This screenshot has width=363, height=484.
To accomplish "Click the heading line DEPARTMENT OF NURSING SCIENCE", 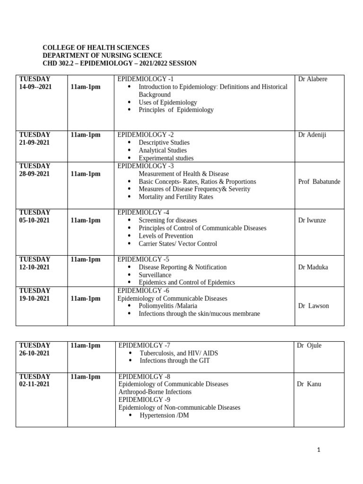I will coord(102,55).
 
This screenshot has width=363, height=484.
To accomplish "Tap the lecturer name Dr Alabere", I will coord(312,79).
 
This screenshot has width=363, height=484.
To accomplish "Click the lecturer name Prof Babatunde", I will coord(319,181).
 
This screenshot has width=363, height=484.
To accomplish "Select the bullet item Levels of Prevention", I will coord(165,236).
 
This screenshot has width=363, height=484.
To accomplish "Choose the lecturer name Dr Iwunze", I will coord(312,220).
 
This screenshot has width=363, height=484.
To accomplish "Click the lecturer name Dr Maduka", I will coord(313,267).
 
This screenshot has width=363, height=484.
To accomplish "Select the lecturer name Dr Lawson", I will coord(313,306).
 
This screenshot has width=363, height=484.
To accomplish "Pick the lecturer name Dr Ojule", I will coord(309,346).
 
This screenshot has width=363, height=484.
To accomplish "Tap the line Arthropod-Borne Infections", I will coord(155,392).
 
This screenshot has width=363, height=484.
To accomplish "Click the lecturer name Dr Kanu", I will coord(309,384).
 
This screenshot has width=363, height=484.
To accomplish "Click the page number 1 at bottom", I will coord(319,450).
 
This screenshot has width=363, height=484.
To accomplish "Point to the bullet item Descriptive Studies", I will coord(164,142).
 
